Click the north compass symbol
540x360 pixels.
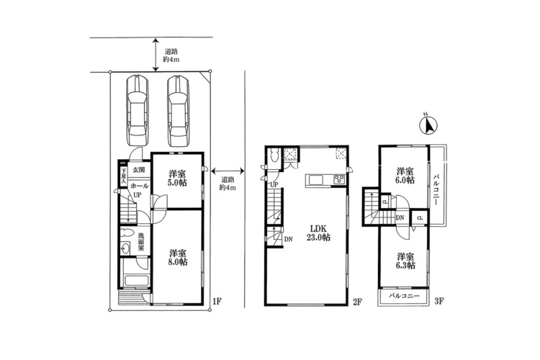point(428,126)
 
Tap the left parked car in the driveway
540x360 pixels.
point(137,111)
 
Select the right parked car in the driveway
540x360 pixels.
point(179,111)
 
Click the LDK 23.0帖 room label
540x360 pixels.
point(318,233)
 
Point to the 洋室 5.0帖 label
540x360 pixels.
point(177,178)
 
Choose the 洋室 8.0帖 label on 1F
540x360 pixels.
point(178,257)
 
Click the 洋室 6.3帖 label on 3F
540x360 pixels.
point(405,261)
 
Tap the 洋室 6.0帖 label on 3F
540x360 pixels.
point(405,176)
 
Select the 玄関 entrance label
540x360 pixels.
point(139,170)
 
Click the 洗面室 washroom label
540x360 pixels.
point(141,241)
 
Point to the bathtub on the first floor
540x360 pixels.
point(137,280)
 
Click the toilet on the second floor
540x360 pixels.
point(274,156)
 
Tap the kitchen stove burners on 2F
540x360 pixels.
point(339,179)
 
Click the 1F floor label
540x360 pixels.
point(217,302)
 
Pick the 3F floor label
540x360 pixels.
point(438,302)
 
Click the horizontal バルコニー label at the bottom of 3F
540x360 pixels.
point(404,296)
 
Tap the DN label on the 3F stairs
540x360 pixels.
point(400,217)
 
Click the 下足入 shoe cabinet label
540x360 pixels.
point(122,176)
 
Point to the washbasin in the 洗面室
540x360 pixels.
point(126,248)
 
